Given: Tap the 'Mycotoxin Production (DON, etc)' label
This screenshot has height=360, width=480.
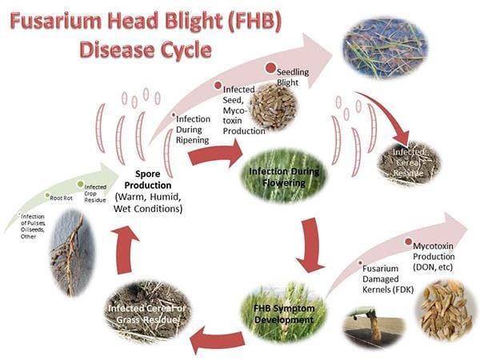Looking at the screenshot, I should [x=437, y=255].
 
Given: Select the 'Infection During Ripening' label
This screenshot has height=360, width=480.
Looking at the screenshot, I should [x=192, y=129].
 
